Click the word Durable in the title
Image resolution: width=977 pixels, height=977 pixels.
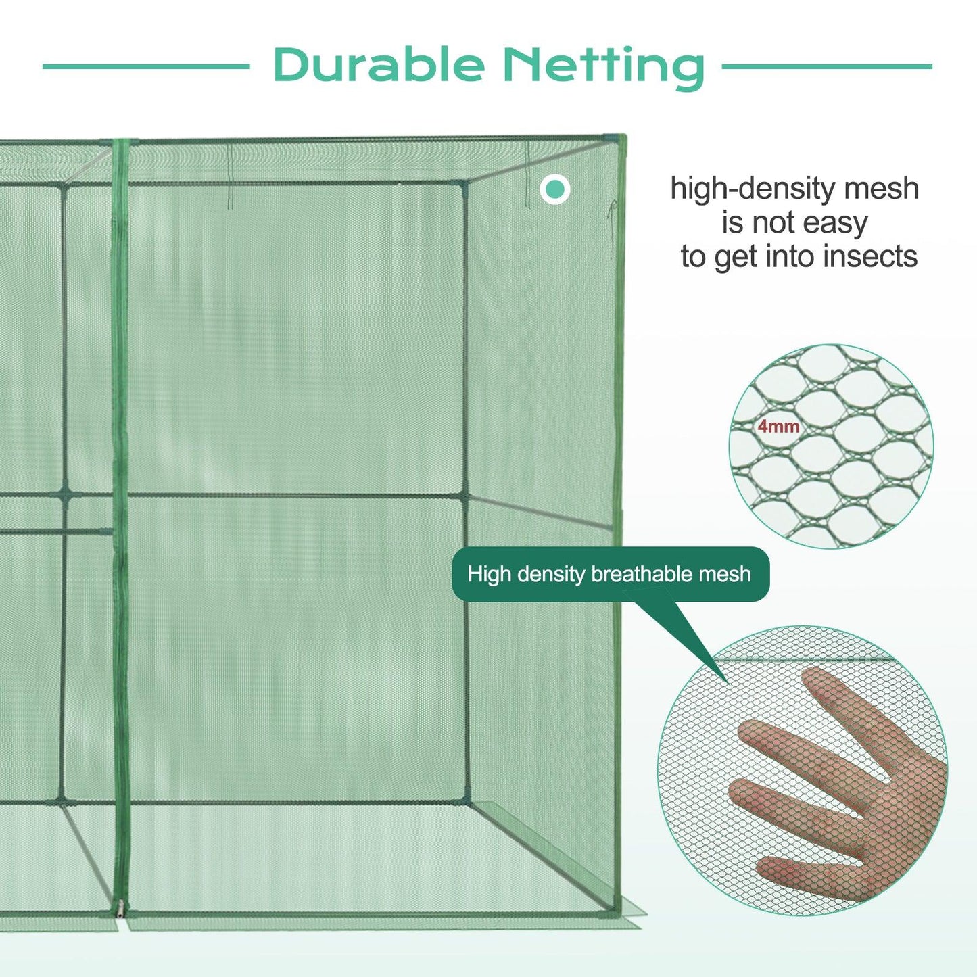click(x=378, y=66)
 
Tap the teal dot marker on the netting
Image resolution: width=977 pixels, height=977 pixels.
click(x=555, y=189)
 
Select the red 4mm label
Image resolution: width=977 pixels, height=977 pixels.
click(x=778, y=427)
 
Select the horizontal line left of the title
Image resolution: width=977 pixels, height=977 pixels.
click(x=146, y=66)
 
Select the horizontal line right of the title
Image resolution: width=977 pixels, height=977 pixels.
click(x=826, y=66)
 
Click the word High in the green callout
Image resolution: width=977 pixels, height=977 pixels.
click(x=488, y=575)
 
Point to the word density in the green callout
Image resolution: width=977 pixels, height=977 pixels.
click(x=550, y=575)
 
